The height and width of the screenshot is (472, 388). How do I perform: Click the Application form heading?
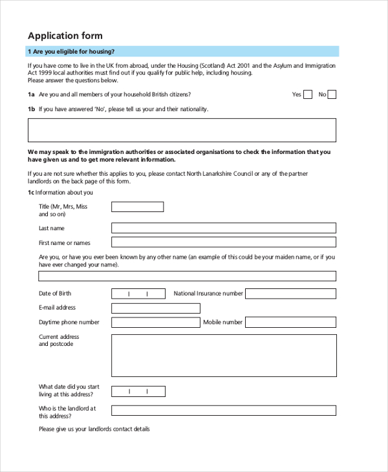(65, 36)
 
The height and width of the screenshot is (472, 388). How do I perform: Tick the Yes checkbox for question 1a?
(308, 94)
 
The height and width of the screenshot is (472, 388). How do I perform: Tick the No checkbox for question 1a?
(332, 94)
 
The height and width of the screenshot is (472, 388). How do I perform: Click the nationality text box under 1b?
(182, 130)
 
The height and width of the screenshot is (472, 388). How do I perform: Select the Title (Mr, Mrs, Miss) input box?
(137, 207)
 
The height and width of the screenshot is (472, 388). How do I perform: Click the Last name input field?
(224, 228)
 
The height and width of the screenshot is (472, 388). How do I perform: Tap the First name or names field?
(224, 242)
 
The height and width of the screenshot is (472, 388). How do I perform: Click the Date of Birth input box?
(138, 294)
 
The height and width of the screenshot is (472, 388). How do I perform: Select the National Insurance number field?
(290, 294)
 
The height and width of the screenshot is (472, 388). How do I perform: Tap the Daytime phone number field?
(156, 323)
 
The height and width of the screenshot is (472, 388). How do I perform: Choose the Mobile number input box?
(290, 323)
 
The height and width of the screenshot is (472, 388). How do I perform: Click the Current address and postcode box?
(224, 356)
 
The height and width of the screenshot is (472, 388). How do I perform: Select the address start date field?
(138, 391)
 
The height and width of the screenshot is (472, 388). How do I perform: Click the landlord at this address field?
(224, 411)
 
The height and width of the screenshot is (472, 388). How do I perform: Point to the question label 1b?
(31, 109)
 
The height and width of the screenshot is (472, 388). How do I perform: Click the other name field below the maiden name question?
(187, 276)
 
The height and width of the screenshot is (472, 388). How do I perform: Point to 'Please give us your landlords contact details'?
(94, 429)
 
